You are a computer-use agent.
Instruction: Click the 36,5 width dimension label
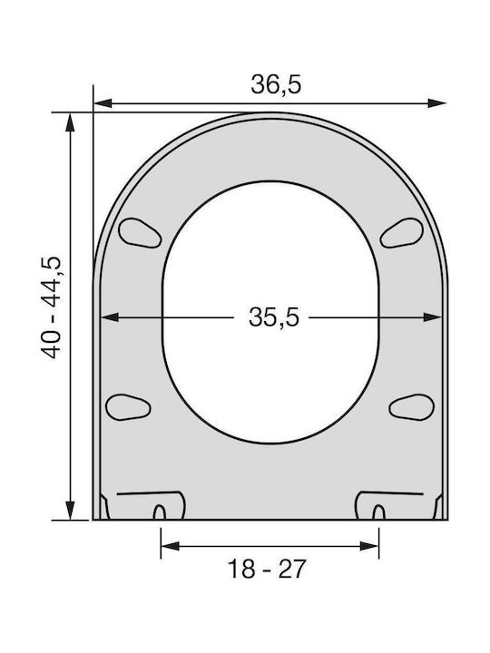(276, 84)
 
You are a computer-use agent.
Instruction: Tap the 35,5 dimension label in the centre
(274, 317)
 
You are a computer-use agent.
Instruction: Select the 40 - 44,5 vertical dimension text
(51, 307)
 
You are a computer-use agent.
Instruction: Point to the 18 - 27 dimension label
(267, 569)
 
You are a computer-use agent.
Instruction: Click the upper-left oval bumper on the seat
(140, 233)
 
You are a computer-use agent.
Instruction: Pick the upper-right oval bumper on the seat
(402, 233)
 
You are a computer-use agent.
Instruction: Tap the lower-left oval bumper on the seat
(128, 407)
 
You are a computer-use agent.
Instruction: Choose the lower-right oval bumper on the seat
(412, 407)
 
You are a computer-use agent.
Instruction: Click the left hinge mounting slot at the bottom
(159, 512)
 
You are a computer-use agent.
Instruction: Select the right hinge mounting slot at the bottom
(378, 512)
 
